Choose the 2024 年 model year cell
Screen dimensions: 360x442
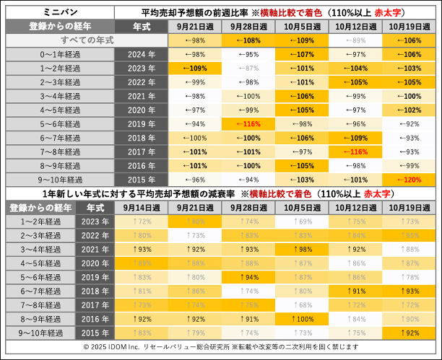pos(142,54)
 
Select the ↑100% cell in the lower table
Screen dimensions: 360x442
pos(302,318)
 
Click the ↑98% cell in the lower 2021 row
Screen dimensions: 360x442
pos(302,249)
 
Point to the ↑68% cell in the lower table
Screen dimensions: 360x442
pos(302,304)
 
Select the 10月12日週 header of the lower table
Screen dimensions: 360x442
pos(356,208)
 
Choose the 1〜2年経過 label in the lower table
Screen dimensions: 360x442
pos(40,221)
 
